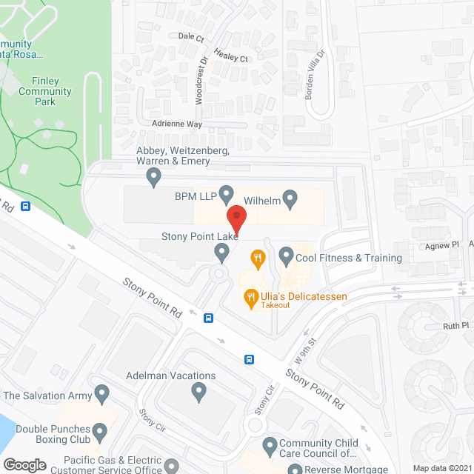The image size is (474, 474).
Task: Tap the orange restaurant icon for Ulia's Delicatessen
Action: coord(250,299)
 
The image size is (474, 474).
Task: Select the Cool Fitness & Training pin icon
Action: coord(286,257)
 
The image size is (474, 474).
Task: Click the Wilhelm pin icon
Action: coord(290,198)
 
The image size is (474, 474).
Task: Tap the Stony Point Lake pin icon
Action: coord(221,253)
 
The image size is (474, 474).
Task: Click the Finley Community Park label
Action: coord(45,92)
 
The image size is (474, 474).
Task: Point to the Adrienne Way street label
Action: coord(176,124)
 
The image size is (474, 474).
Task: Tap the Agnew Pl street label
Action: coord(445,244)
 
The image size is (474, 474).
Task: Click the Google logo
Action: coord(24,465)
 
